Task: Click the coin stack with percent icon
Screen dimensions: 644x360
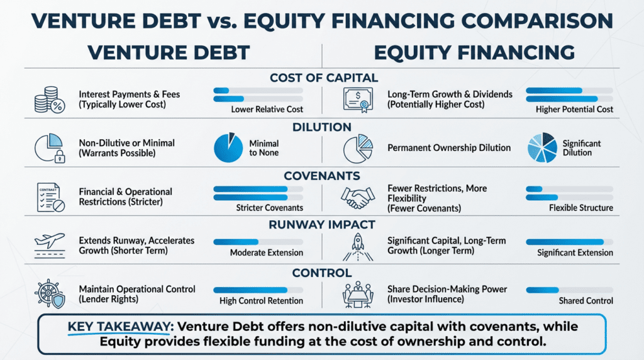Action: click(x=50, y=100)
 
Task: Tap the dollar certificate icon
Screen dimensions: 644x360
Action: click(x=358, y=100)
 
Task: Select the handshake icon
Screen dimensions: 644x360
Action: click(x=358, y=197)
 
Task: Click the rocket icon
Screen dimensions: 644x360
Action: click(x=358, y=247)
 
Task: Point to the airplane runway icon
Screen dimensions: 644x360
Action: click(x=50, y=245)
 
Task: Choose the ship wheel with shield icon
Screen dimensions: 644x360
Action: click(x=50, y=294)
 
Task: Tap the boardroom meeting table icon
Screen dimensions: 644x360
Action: click(x=358, y=295)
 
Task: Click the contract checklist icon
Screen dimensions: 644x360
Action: click(x=50, y=197)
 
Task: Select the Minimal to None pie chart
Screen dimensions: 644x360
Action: click(x=228, y=147)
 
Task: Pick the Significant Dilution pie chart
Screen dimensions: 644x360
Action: click(x=542, y=147)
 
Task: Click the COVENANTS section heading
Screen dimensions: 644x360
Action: click(x=322, y=176)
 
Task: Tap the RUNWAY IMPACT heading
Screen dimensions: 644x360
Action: click(x=322, y=225)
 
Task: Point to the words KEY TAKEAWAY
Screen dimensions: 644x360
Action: click(x=119, y=327)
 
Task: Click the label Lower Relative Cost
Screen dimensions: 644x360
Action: click(x=267, y=110)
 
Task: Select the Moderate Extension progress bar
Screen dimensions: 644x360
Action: click(x=258, y=242)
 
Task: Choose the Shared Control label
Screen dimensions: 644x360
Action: click(x=586, y=301)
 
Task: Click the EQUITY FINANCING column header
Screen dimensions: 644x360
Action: click(x=474, y=53)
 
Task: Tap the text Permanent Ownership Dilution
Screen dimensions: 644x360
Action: click(x=449, y=147)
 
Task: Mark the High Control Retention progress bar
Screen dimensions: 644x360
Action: click(x=258, y=290)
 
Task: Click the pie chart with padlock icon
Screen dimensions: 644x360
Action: click(x=50, y=148)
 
